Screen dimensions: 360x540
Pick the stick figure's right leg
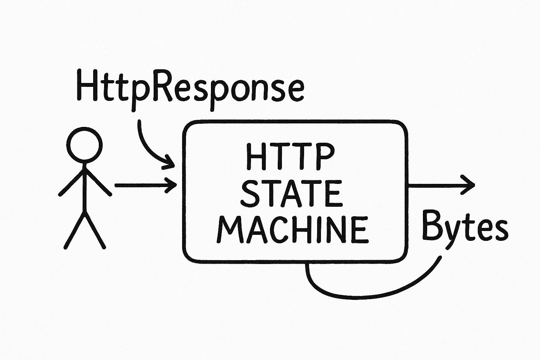(x=95, y=230)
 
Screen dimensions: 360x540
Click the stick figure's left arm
(x=71, y=182)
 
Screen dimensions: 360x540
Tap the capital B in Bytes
(x=432, y=225)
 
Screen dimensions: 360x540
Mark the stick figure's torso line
(x=84, y=188)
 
